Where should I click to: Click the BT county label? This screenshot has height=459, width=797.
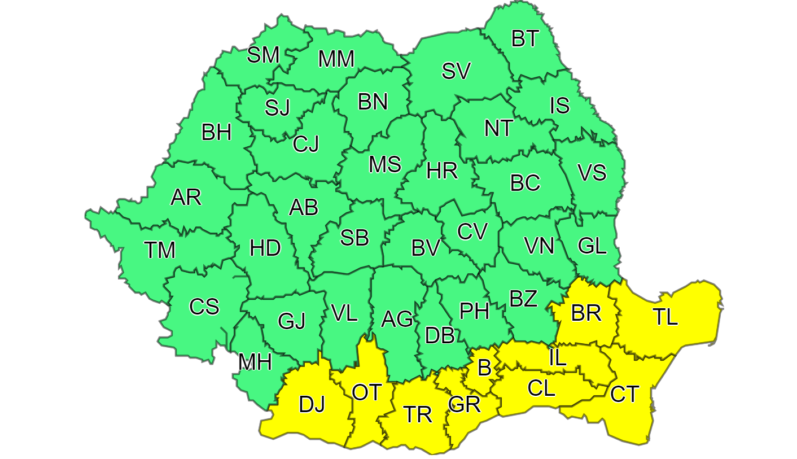coord(526,40)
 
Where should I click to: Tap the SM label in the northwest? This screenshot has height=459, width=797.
coord(264,55)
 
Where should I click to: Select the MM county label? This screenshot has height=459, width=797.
coord(336,59)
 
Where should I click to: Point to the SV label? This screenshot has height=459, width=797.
coord(456,71)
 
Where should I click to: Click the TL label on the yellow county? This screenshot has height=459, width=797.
coord(666,317)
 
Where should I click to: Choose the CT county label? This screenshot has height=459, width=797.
coord(625,394)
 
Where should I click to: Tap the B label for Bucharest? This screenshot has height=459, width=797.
coord(484,368)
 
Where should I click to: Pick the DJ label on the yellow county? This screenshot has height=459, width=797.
coord(312,404)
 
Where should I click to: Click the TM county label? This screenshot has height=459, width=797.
coord(160,250)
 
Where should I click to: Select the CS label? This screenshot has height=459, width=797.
coord(204,307)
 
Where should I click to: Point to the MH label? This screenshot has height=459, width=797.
coord(255,362)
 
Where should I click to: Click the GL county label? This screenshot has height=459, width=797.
coord(592,246)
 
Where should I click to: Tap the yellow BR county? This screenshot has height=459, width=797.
coord(586,313)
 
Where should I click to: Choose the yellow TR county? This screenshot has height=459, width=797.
coord(418,415)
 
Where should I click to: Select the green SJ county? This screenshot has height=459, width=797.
coord(277,107)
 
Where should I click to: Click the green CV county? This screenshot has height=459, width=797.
coord(471,231)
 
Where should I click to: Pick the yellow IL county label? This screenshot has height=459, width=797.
coord(557,358)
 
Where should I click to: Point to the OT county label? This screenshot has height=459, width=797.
coord(367,392)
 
